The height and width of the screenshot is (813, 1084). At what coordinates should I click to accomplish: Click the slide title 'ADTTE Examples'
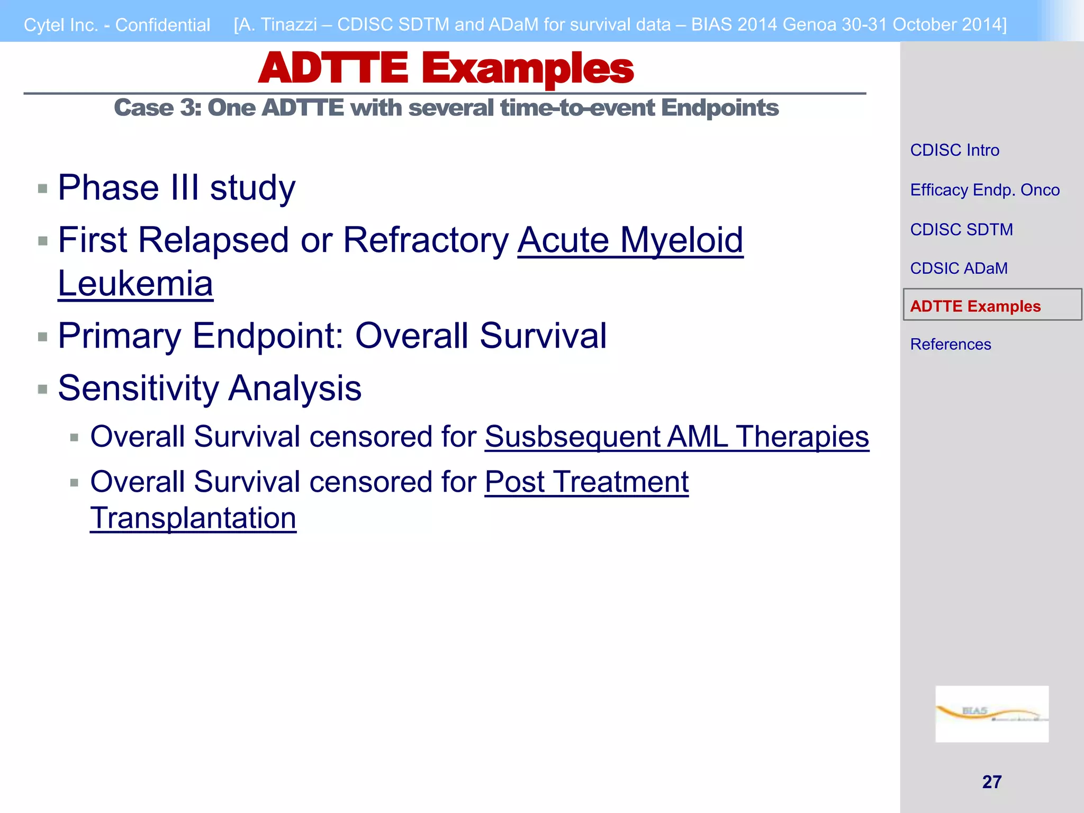coord(446,69)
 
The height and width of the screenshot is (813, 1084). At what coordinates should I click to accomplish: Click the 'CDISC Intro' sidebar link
coord(954,150)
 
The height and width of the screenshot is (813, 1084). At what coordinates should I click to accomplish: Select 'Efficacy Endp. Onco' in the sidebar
coord(984,190)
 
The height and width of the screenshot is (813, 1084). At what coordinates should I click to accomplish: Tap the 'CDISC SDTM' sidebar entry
coord(961,230)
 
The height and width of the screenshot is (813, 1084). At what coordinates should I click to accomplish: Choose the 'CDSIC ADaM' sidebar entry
coord(959,268)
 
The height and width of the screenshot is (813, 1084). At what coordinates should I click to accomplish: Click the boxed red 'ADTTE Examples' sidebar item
coord(975,306)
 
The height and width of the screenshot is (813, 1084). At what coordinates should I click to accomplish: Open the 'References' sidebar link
coord(950,345)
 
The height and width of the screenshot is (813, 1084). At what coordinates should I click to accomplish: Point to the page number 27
coord(991,782)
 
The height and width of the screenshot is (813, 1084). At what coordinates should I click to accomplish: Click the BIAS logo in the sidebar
coord(991,713)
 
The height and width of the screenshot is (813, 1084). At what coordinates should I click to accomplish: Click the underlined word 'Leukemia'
coord(135,284)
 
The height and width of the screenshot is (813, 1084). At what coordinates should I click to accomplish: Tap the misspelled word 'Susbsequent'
coord(572,437)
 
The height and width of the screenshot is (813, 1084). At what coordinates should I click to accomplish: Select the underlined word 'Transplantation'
coord(193,518)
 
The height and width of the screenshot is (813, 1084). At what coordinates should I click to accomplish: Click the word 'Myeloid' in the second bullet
coord(681,240)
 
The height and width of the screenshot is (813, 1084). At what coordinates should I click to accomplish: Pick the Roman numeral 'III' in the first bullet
coord(185,188)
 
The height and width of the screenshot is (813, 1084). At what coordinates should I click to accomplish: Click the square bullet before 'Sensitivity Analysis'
coord(43,390)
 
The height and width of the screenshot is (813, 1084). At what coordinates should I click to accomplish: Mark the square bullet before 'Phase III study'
coord(43,189)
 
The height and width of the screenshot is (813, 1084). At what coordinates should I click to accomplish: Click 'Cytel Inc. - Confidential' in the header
coord(117,25)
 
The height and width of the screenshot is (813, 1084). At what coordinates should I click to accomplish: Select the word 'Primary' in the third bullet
coord(120,336)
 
